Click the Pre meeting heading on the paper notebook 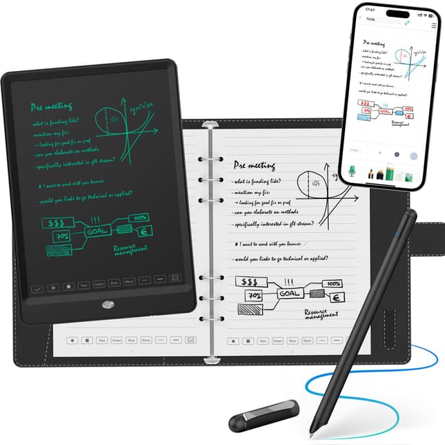pyautogui.click(x=254, y=165)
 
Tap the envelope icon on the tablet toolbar pyautogui.click(x=176, y=278)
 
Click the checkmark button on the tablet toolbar pyautogui.click(x=38, y=286)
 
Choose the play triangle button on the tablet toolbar pyautogui.click(x=53, y=286)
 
